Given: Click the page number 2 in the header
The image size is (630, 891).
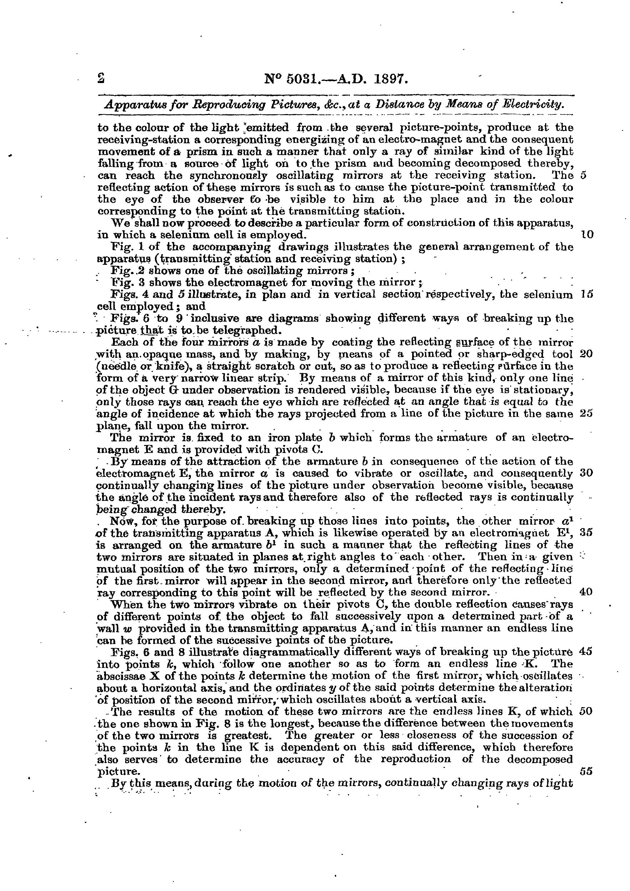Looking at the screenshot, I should click(101, 79).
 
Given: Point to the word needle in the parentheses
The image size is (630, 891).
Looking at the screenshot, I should click(115, 366).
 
